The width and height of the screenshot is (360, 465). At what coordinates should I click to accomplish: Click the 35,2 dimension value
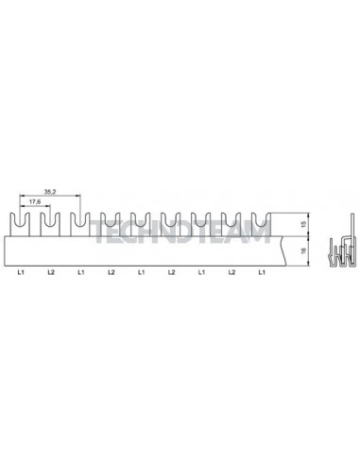pos(50,192)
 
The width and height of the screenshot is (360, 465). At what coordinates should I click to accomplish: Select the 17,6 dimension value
pos(35,201)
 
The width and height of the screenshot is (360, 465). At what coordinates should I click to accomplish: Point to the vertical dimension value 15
pos(303,224)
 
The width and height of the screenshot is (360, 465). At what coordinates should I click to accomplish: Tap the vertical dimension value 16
pos(303,251)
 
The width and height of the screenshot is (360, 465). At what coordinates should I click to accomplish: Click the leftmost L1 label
pos(21,272)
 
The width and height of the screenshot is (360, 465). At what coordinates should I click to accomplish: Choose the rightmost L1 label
pos(262,272)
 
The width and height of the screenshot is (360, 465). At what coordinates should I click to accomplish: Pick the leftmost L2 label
pos(51,272)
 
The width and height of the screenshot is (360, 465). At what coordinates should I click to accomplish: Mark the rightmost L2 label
pos(231,272)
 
